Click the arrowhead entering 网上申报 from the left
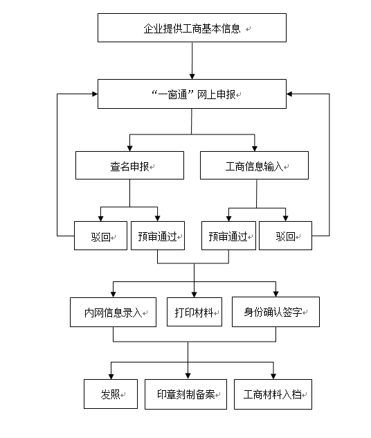(95, 94)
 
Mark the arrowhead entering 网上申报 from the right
(289, 94)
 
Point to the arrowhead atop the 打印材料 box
(194, 295)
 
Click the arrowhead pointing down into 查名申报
(129, 148)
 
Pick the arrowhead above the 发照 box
(111, 376)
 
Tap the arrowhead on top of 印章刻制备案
(188, 376)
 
